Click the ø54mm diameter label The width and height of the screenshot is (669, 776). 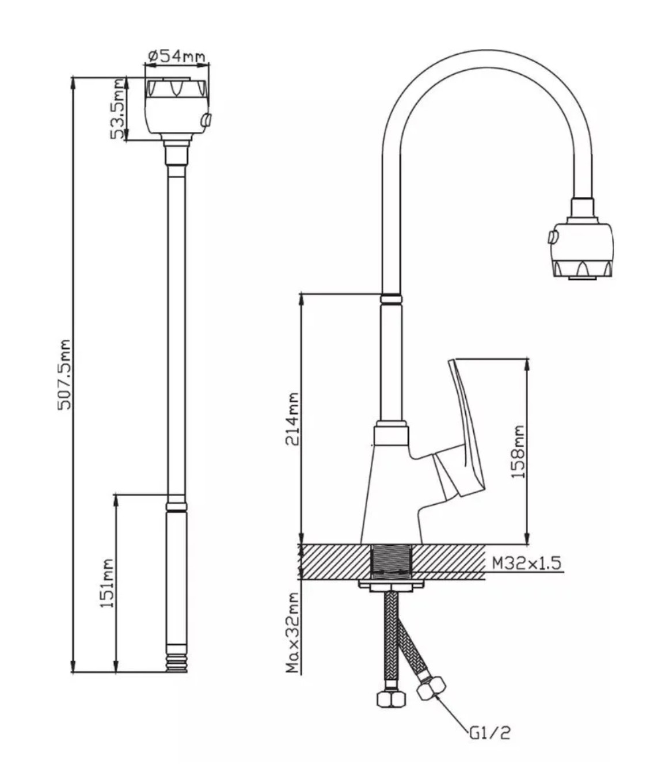177,56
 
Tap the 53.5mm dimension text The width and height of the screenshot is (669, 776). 118,109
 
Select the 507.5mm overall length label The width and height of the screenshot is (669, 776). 64,374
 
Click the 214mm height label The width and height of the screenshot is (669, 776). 292,419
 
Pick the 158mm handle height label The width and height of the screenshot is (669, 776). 518,452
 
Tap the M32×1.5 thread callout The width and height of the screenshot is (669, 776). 527,563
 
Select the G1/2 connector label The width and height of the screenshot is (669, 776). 490,732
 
